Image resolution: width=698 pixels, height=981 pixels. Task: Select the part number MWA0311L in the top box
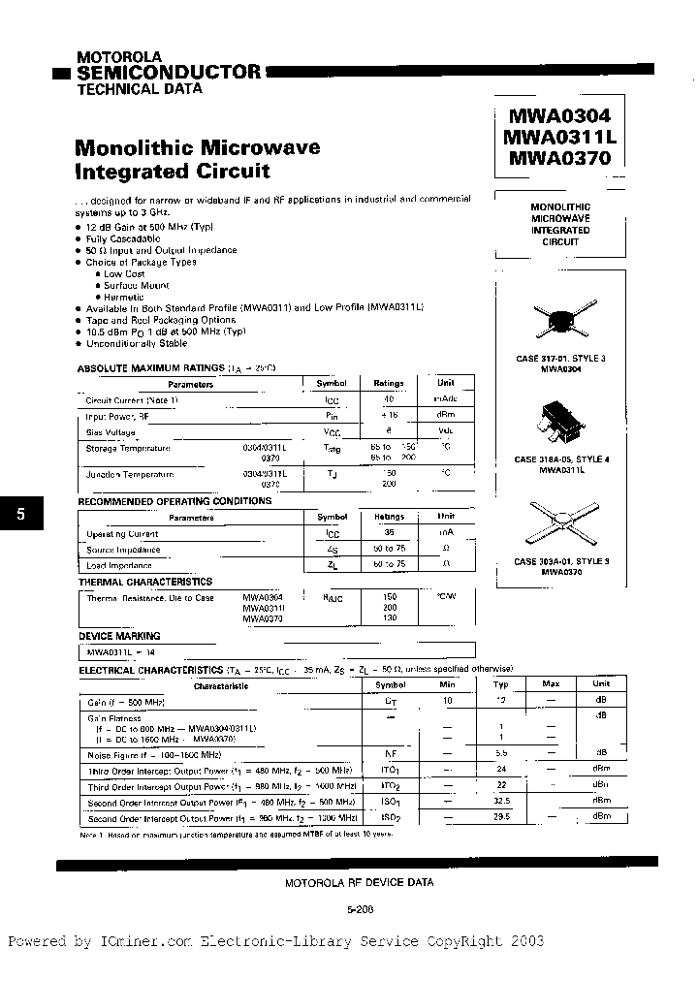point(559,137)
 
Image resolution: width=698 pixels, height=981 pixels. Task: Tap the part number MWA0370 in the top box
point(557,157)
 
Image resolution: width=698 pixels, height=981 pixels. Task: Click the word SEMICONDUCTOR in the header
point(169,72)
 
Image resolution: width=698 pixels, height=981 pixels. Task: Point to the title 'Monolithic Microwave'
point(197,148)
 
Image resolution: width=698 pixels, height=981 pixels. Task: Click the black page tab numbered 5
point(21,516)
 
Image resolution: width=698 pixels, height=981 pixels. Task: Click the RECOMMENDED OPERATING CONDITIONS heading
point(174,501)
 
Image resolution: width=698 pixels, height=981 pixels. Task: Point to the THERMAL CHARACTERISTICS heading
point(144,582)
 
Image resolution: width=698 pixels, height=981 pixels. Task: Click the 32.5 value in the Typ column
point(502,802)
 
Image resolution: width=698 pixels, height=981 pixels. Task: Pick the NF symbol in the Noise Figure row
point(391,752)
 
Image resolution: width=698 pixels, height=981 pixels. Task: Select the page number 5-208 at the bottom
point(359,909)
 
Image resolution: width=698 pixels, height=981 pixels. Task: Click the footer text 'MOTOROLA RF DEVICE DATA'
point(359,882)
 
